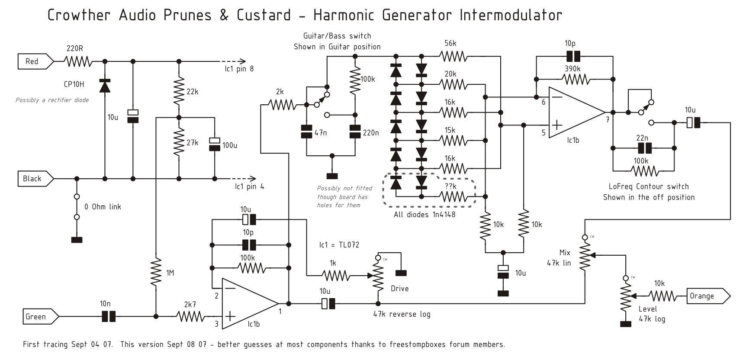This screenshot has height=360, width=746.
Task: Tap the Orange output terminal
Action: [x=706, y=296]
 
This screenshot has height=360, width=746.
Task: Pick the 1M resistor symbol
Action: [x=156, y=272]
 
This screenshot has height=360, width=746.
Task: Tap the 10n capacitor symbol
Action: [x=109, y=317]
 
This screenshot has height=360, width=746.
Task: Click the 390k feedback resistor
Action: [x=575, y=79]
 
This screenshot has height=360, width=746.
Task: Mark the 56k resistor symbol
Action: [x=453, y=56]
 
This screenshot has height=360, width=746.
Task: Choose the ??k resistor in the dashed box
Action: [x=453, y=197]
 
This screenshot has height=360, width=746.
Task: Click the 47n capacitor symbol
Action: [x=306, y=132]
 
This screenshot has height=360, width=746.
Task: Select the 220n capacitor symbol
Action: [x=355, y=132]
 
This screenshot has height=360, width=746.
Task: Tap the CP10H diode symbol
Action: [x=104, y=86]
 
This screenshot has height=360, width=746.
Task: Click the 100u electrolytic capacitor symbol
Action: [x=215, y=144]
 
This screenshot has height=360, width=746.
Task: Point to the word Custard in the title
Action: [x=264, y=15]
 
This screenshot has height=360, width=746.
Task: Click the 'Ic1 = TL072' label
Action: [x=339, y=245]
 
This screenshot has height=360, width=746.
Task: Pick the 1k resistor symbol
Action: [x=335, y=275]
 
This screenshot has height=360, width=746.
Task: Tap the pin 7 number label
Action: [x=608, y=120]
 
